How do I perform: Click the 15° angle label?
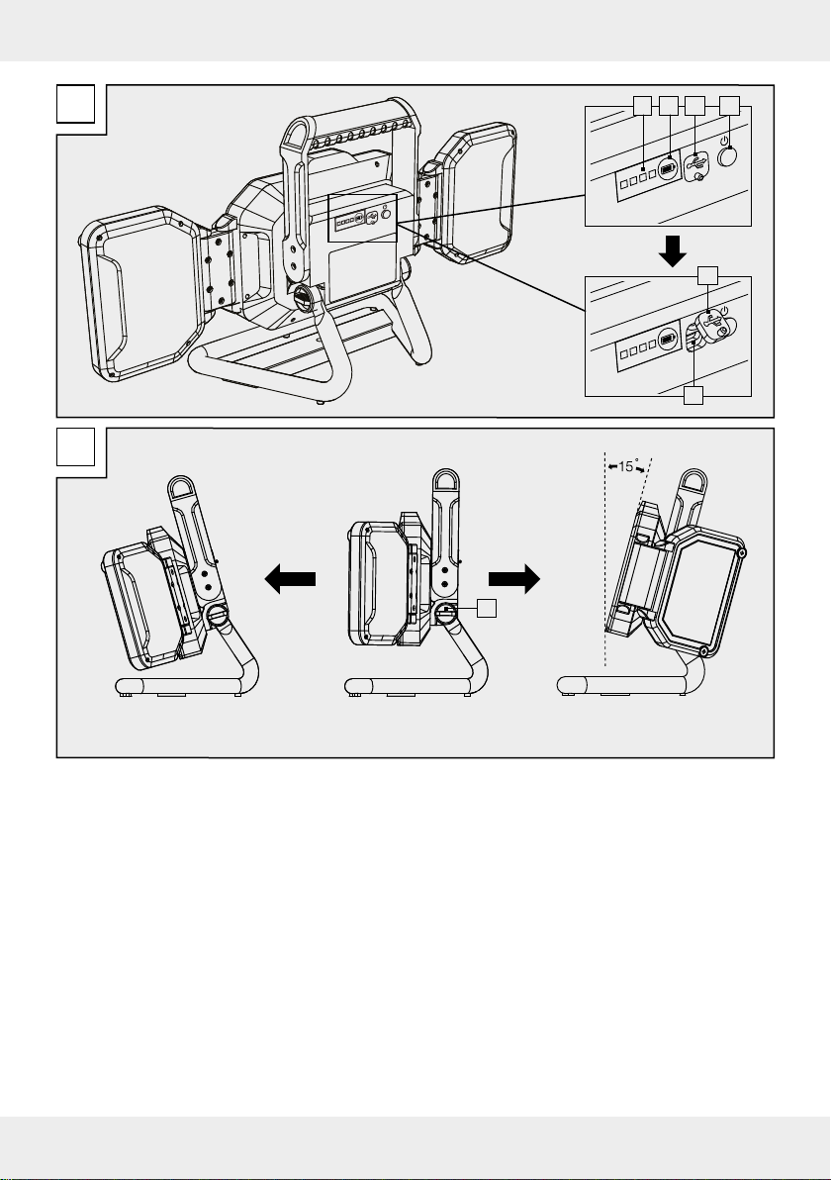(625, 466)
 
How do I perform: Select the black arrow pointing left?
(290, 579)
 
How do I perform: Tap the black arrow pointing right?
(514, 579)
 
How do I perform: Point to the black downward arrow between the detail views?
(672, 250)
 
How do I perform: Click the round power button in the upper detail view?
(727, 156)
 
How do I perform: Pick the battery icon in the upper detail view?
(667, 169)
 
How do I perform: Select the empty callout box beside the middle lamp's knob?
(487, 608)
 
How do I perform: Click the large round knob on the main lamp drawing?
(306, 299)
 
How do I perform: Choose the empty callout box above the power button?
(729, 106)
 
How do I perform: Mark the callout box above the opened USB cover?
(707, 275)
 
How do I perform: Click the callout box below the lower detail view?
(693, 395)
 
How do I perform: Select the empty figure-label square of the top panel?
(76, 104)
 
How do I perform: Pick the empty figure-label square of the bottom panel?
(76, 447)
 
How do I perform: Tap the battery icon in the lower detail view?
(668, 341)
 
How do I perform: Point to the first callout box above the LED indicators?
(641, 106)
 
